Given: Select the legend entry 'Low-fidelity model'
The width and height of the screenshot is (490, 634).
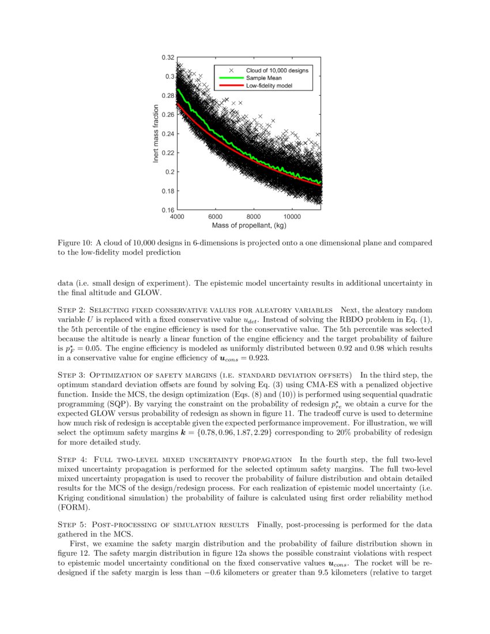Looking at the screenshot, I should (x=269, y=85).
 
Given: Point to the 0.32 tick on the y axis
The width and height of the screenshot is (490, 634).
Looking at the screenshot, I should (x=167, y=58).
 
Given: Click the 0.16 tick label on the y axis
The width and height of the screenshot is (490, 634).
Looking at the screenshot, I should (x=167, y=210).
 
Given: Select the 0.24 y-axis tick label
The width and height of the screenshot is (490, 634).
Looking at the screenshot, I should (x=167, y=134).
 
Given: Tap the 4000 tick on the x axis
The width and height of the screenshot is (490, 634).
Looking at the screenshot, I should (x=177, y=217).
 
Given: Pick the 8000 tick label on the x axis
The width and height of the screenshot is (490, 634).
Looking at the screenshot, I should (x=254, y=217).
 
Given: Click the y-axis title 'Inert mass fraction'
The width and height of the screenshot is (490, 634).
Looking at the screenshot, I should (x=156, y=133).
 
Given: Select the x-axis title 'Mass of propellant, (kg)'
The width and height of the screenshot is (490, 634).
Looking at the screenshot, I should (x=249, y=225).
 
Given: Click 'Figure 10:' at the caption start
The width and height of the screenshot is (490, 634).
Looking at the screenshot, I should (x=76, y=243).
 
